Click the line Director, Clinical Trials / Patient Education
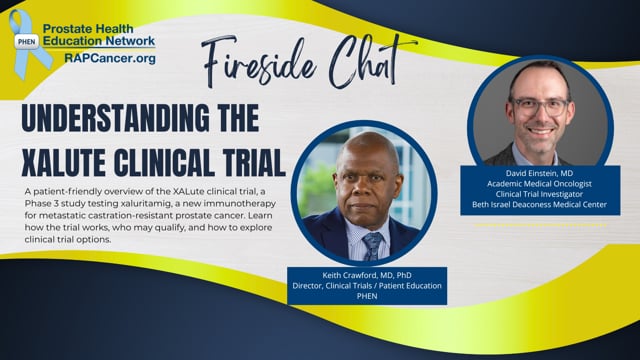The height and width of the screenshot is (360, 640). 364,285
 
